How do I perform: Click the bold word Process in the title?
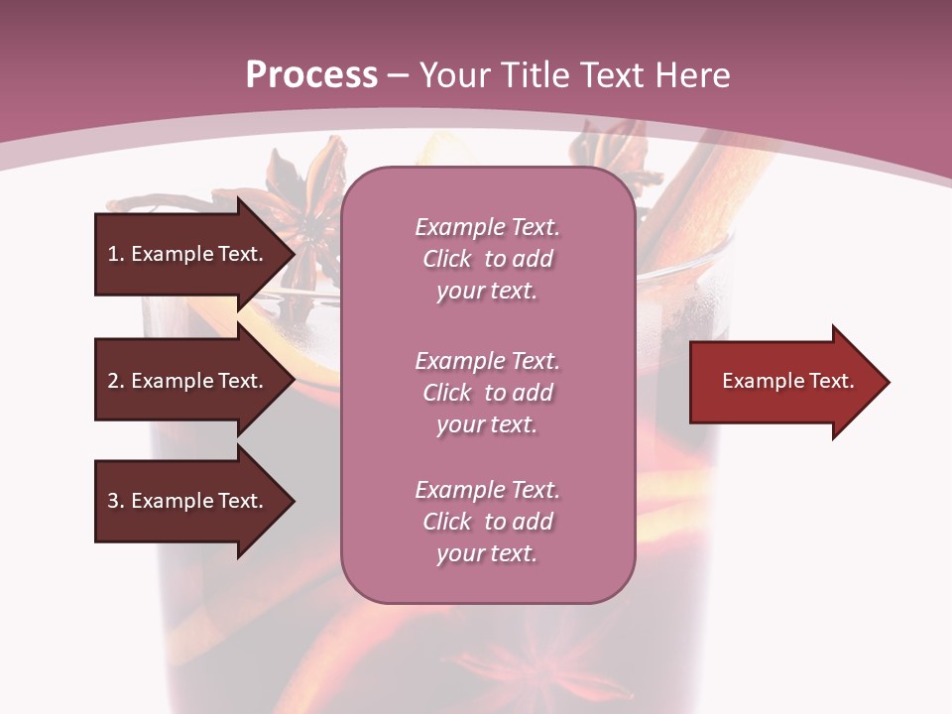311,75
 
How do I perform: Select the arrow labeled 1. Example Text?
188,254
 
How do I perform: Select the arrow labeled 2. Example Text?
188,381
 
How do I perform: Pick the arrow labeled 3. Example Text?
188,501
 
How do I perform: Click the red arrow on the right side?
783,382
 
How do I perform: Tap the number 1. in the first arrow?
116,254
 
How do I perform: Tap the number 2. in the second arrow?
116,381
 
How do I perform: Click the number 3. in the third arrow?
116,501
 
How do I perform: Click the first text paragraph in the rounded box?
487,259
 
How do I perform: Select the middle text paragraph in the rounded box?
487,393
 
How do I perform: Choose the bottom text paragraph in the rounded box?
487,522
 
